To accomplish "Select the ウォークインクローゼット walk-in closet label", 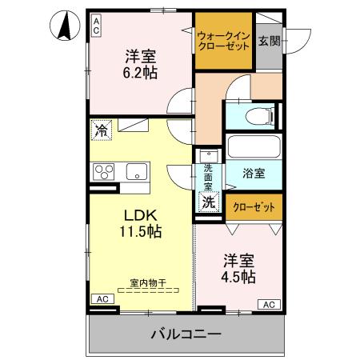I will pos(223,40).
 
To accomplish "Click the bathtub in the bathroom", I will pos(253,146).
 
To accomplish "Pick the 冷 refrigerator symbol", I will pos(101,128).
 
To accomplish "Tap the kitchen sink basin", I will pos(136,170).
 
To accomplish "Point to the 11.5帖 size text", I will pos(142,232).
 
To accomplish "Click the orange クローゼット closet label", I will pos(254,206).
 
